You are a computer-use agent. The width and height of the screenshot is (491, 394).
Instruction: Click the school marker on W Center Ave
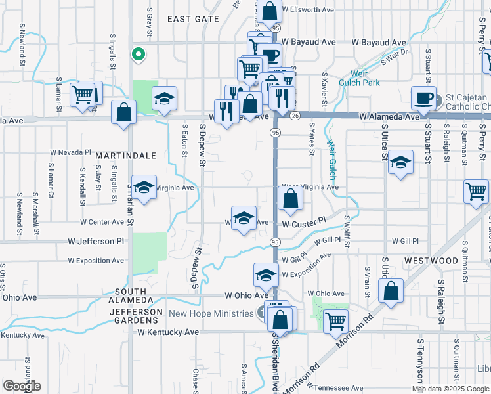click(244, 218)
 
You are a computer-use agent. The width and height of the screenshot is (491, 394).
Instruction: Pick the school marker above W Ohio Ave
click(266, 275)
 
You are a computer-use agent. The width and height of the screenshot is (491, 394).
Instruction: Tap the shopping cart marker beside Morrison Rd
click(335, 321)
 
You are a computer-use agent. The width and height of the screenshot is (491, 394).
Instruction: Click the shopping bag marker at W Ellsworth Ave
click(269, 11)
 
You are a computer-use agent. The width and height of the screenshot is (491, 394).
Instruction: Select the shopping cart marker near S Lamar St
click(83, 95)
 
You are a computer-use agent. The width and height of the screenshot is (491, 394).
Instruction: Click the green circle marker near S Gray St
click(138, 55)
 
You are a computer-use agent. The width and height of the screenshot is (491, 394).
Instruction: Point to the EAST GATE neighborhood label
click(193, 19)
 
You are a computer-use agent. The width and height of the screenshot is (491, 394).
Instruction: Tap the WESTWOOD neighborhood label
click(431, 261)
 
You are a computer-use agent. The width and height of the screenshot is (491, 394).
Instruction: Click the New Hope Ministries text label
click(211, 313)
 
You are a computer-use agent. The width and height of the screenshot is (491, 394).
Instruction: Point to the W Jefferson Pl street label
click(96, 241)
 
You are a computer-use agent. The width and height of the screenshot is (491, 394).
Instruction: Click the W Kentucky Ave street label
click(168, 332)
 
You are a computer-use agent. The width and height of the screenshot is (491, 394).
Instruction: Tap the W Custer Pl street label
click(304, 224)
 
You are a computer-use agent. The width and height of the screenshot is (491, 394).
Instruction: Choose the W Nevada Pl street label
click(70, 152)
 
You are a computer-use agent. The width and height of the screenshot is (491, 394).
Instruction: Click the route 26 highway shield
click(295, 116)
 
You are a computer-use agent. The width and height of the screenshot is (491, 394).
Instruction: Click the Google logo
click(22, 386)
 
